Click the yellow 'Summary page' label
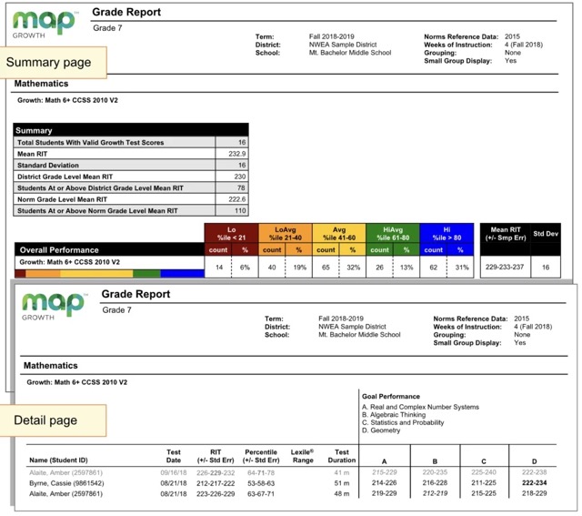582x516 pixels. (51, 62)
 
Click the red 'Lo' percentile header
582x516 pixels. (230, 234)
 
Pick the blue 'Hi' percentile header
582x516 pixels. (446, 234)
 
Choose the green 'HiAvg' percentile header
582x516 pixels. (392, 234)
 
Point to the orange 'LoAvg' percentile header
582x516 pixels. (284, 234)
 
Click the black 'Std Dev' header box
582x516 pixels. (546, 234)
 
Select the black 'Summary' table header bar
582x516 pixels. (131, 131)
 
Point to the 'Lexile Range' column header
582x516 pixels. (303, 456)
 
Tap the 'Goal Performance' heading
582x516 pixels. (391, 397)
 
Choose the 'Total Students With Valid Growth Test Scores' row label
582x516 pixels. (91, 143)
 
